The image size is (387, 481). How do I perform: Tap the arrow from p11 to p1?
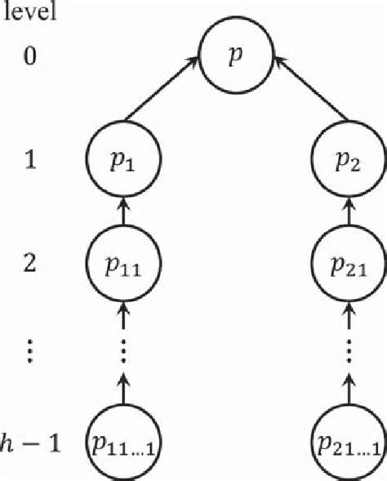(121, 215)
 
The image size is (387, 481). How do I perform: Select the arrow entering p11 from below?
(121, 311)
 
